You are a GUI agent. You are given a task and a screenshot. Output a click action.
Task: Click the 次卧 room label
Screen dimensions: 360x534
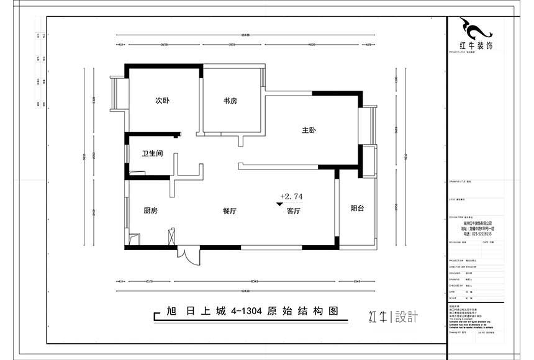[162, 101]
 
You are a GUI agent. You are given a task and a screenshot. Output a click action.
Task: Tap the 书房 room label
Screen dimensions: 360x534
[231, 101]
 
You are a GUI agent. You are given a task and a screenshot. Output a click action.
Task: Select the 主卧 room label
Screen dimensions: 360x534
[309, 131]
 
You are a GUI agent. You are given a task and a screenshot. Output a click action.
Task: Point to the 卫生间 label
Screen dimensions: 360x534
[152, 153]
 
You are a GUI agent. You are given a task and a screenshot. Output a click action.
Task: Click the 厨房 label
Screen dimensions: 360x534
[150, 211]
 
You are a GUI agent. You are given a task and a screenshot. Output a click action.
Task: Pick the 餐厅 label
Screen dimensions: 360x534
[229, 211]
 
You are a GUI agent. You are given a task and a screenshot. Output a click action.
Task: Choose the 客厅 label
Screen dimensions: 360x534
[294, 211]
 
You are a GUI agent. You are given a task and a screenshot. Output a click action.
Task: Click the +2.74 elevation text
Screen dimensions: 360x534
[291, 196]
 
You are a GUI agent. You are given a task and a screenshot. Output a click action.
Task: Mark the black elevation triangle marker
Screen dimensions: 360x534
[279, 203]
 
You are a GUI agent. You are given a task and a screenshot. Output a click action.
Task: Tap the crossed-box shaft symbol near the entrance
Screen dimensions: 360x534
[172, 238]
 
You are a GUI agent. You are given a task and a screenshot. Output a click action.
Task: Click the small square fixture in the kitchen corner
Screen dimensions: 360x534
[133, 239]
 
